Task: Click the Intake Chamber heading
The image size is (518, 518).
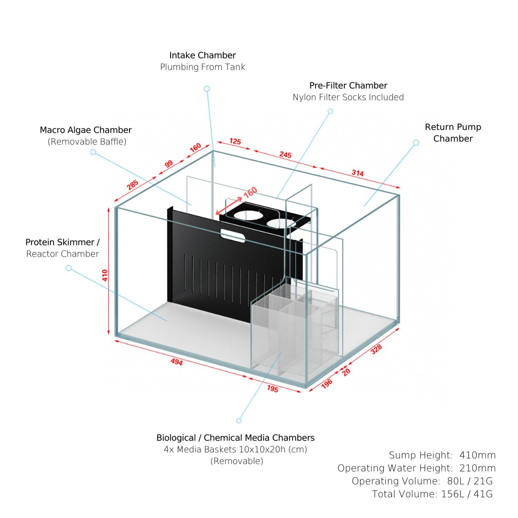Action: click(202, 55)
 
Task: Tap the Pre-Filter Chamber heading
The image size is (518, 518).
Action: click(348, 85)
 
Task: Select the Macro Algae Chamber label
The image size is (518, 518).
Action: click(86, 130)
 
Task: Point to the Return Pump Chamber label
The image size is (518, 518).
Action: click(453, 133)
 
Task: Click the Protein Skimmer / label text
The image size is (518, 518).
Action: click(62, 242)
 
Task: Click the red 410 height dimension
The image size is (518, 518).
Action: click(105, 275)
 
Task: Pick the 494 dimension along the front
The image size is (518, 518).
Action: click(176, 362)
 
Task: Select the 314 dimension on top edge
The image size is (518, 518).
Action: click(357, 173)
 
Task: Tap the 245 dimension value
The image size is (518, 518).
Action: click(285, 155)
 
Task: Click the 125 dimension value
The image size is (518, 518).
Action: click(235, 142)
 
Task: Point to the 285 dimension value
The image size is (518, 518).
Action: click(133, 185)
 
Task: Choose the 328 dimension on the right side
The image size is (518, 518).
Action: click(376, 349)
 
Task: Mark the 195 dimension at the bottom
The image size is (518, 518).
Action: click(272, 389)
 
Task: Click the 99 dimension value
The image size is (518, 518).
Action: click(169, 164)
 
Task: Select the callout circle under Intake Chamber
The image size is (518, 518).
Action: click(207, 89)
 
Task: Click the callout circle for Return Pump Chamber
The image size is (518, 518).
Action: click(416, 143)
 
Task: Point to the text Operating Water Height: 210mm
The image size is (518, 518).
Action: click(416, 468)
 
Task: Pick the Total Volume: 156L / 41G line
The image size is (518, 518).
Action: click(432, 494)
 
